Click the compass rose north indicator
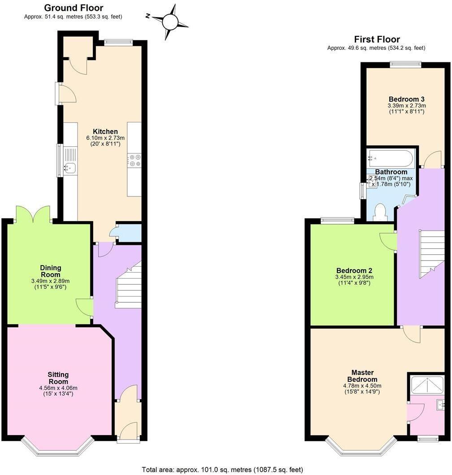coord(170,22)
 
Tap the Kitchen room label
coord(102,132)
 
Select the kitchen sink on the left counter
coord(70,169)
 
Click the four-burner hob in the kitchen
coord(134,160)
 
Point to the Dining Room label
coord(51,271)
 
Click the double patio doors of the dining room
coord(33,214)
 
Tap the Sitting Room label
coord(58,378)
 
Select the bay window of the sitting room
coord(58,449)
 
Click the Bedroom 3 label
coord(406,99)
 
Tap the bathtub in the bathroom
coord(390,158)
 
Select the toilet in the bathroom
coord(380,212)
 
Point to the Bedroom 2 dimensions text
coord(354,280)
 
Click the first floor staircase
coord(432,254)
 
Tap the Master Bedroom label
coord(362,376)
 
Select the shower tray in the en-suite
coord(427,385)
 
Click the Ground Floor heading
coord(73,8)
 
